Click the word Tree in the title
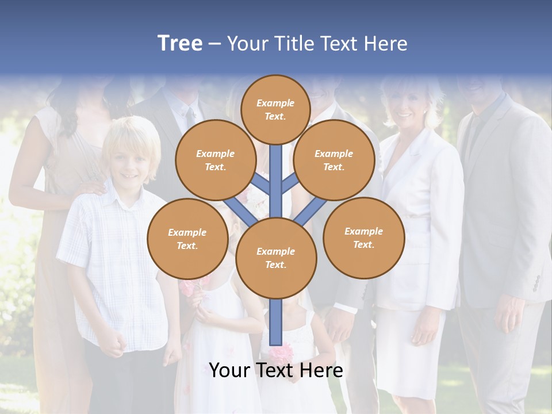coord(180,43)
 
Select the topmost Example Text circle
coord(275,109)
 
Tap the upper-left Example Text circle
coord(215,160)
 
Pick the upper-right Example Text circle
coord(333,160)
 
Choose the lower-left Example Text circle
coord(187,239)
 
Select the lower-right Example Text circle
coord(363,237)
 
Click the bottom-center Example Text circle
coord(275,258)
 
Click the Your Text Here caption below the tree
coord(275,370)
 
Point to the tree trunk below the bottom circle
coord(275,322)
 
